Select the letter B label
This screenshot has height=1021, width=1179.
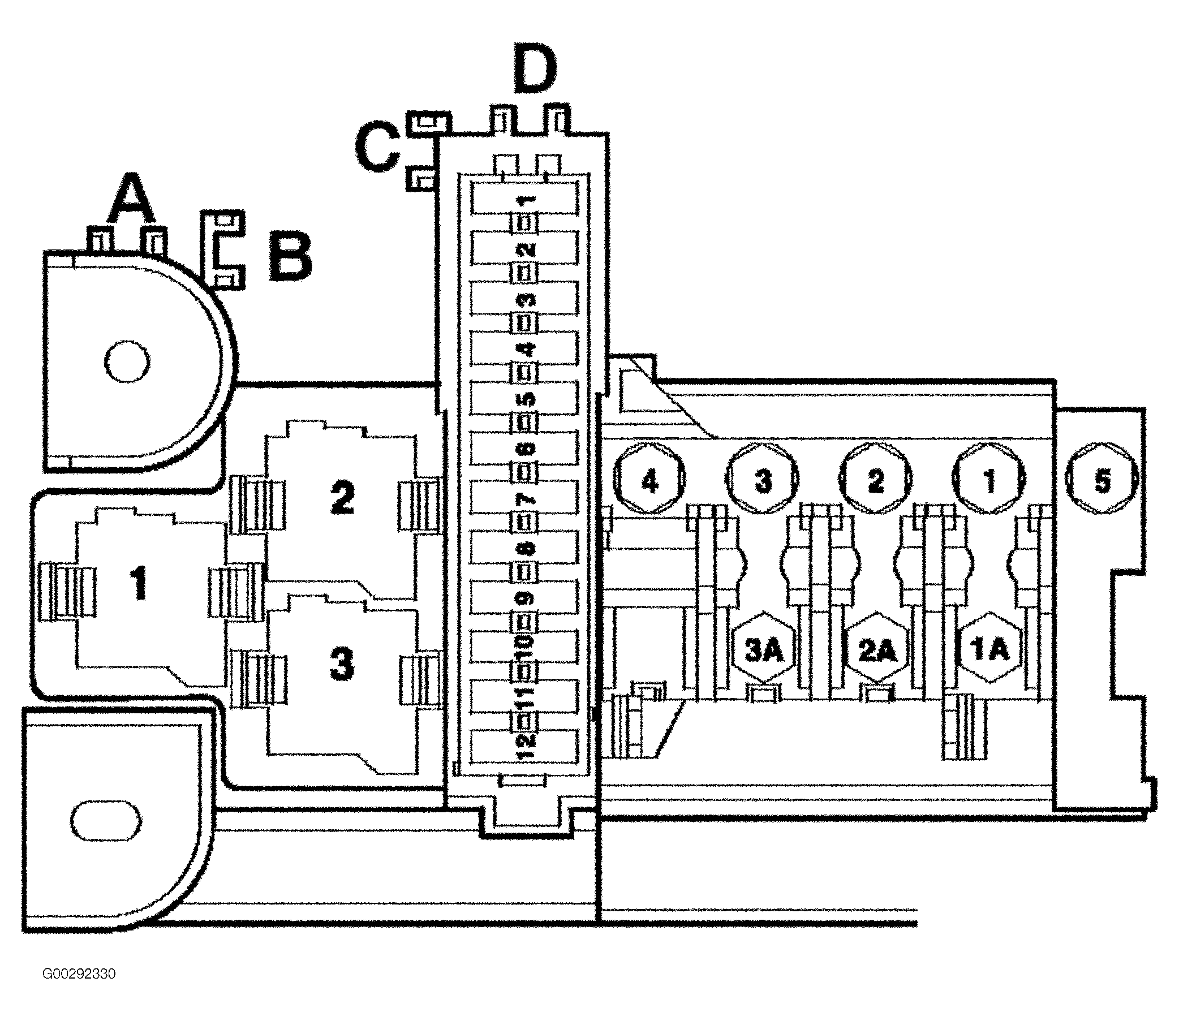(291, 257)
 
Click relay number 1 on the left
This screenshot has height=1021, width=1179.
(139, 584)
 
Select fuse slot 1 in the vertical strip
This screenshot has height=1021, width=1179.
(525, 199)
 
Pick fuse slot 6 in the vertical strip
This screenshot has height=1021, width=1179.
(525, 448)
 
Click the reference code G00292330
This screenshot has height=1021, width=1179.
(79, 973)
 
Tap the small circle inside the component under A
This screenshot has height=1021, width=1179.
(128, 362)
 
